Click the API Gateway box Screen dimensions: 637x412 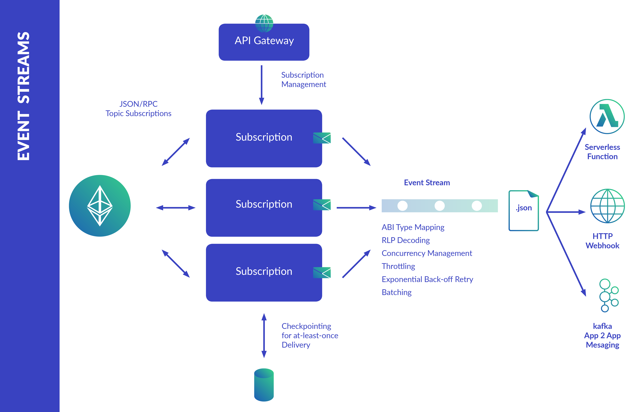pos(264,42)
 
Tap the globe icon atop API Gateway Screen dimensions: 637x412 pos(264,23)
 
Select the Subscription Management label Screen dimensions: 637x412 pos(304,79)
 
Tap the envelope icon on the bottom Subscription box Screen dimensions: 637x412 pos(322,272)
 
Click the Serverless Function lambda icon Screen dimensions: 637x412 pos(607,116)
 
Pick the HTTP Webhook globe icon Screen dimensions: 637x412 pos(608,206)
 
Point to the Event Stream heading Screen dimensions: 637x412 pos(427,183)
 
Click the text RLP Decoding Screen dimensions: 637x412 pos(406,240)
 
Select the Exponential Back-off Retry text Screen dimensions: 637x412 pos(427,279)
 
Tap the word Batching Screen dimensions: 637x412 pos(397,292)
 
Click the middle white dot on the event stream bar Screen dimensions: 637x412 pos(440,206)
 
